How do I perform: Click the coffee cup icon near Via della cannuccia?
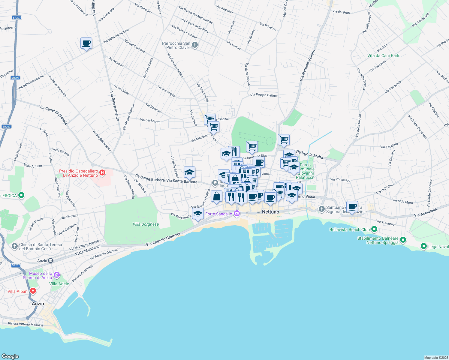pyautogui.click(x=86, y=43)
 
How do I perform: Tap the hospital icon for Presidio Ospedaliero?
pyautogui.click(x=102, y=172)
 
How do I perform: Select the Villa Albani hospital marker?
pyautogui.click(x=33, y=291)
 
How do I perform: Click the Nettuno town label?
pyautogui.click(x=270, y=212)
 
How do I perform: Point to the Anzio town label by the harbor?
pyautogui.click(x=38, y=304)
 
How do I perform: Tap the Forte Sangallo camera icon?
pyautogui.click(x=237, y=214)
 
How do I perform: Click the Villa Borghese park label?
pyautogui.click(x=146, y=224)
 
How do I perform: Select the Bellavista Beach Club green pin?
pyautogui.click(x=374, y=229)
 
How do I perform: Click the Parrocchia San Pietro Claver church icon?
pyautogui.click(x=195, y=45)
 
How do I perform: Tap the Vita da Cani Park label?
pyautogui.click(x=383, y=55)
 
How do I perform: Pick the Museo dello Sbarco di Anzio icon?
pyautogui.click(x=57, y=275)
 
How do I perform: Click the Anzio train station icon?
pyautogui.click(x=51, y=261)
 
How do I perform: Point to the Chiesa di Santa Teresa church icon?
pyautogui.click(x=15, y=246)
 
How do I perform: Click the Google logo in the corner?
pyautogui.click(x=10, y=356)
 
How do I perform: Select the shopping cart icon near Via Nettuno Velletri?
pyautogui.click(x=284, y=140)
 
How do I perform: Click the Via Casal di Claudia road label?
pyautogui.click(x=53, y=115)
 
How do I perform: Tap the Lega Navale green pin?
pyautogui.click(x=423, y=246)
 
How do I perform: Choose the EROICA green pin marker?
pyautogui.click(x=21, y=196)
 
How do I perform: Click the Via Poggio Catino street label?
pyautogui.click(x=264, y=95)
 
